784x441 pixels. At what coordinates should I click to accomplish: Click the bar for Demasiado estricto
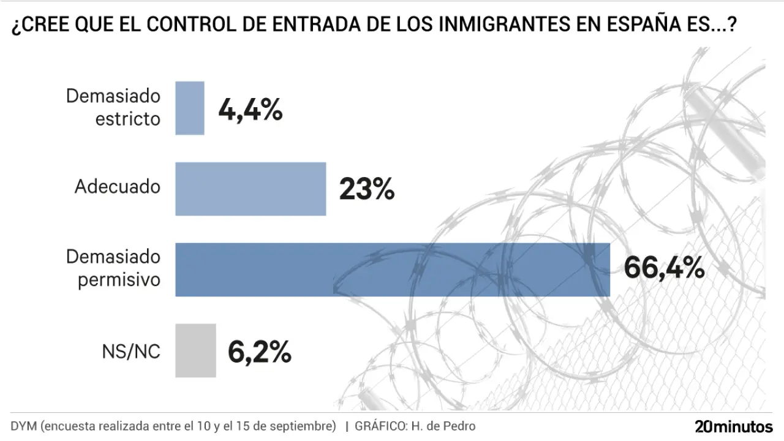click(190, 108)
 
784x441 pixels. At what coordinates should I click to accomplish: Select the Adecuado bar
click(251, 189)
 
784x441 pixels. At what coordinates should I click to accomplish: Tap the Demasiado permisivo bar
click(393, 269)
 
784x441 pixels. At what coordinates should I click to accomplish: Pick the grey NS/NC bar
click(195, 350)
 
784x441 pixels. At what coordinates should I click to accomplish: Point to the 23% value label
click(366, 190)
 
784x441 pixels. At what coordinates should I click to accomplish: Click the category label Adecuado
click(117, 187)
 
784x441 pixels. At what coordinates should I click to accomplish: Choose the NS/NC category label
click(131, 352)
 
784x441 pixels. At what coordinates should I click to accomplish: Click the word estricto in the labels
click(127, 119)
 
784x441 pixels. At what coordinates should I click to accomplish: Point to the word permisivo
click(119, 280)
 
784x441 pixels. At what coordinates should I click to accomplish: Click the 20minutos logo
click(733, 426)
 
